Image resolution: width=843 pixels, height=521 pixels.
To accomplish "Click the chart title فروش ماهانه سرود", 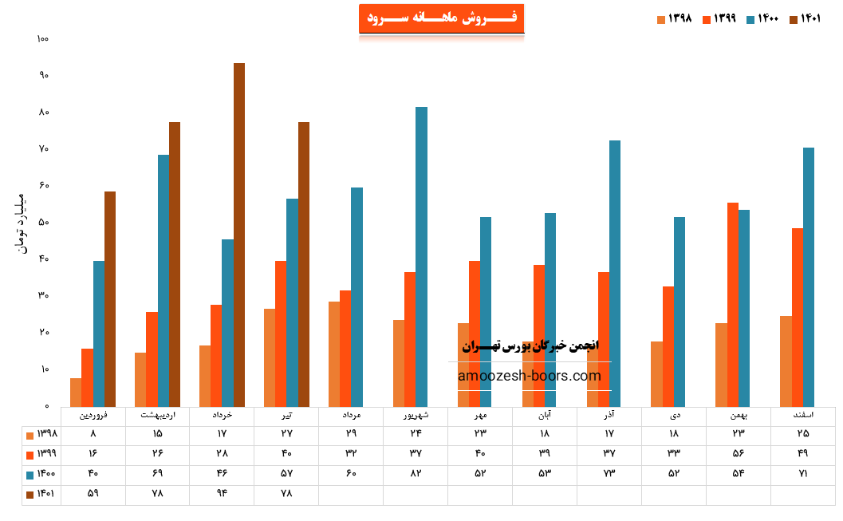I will (441, 18).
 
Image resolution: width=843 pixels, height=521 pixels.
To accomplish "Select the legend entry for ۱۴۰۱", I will (806, 19).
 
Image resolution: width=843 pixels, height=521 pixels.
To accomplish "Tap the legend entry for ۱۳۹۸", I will (675, 19).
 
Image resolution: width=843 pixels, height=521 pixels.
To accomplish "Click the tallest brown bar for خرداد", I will (239, 235).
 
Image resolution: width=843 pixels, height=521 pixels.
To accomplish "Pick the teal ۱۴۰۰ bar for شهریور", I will (421, 256).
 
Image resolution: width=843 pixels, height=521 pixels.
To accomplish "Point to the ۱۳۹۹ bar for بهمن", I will (733, 304).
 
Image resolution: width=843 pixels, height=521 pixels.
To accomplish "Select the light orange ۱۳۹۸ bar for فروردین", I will (76, 392).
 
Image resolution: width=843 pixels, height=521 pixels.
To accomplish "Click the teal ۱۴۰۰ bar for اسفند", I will (809, 277).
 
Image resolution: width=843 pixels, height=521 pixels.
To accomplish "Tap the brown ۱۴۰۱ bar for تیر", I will (304, 264).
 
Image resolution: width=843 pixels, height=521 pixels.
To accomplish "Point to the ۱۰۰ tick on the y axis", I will (43, 38).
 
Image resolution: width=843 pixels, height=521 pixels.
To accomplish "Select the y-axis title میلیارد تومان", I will (22, 223).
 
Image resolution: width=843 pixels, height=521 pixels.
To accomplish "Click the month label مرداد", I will (351, 416).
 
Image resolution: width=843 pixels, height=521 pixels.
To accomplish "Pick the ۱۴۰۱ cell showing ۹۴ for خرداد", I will (222, 494).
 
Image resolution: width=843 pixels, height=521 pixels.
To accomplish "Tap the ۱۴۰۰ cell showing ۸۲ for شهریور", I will (416, 474).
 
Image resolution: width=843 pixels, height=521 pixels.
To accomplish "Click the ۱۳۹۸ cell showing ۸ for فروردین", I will (93, 434).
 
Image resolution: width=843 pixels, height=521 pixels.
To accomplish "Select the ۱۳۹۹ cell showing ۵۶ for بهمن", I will (738, 454).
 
